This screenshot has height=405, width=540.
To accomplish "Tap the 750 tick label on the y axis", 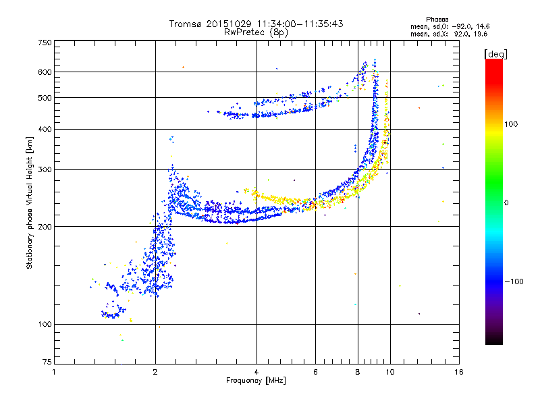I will pyautogui.click(x=45, y=42).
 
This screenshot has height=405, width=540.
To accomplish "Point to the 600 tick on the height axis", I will pyautogui.click(x=45, y=72).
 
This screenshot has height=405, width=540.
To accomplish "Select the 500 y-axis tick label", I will pyautogui.click(x=45, y=98).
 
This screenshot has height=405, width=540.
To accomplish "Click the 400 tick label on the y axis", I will pyautogui.click(x=45, y=129).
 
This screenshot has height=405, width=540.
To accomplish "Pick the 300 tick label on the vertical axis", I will pyautogui.click(x=45, y=169).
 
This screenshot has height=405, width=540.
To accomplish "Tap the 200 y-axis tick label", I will pyautogui.click(x=45, y=226).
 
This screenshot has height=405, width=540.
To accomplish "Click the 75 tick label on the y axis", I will pyautogui.click(x=47, y=364).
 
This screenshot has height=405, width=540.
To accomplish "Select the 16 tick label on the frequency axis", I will pyautogui.click(x=458, y=372).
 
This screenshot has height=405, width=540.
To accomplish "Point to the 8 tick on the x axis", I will pyautogui.click(x=358, y=372).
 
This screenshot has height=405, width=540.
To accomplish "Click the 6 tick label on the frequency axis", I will pyautogui.click(x=316, y=372).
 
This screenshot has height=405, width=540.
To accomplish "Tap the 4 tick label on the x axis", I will pyautogui.click(x=256, y=372).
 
